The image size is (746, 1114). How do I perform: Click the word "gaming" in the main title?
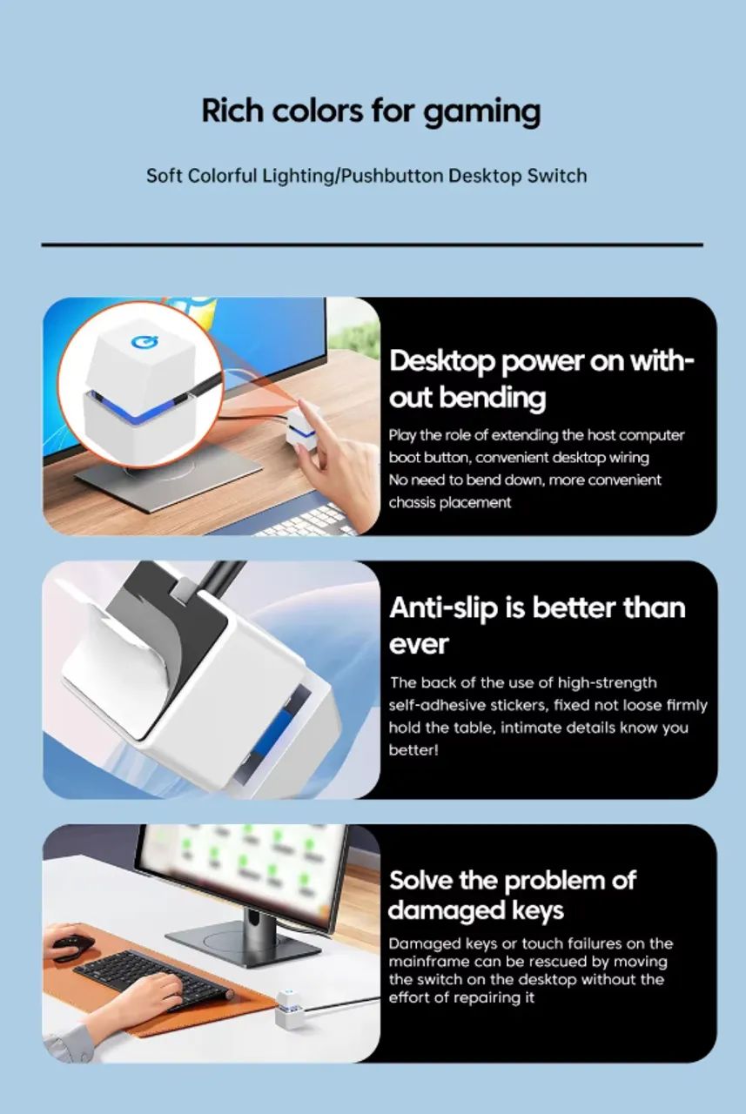(x=482, y=112)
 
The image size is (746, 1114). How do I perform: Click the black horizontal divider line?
(x=372, y=245)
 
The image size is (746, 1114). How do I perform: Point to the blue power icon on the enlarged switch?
(x=144, y=342)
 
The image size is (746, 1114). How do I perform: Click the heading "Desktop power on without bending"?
(x=541, y=379)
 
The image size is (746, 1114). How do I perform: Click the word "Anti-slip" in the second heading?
(x=444, y=608)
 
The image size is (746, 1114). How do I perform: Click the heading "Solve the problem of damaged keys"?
(x=512, y=896)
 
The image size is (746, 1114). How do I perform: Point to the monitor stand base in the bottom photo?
(x=243, y=942)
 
